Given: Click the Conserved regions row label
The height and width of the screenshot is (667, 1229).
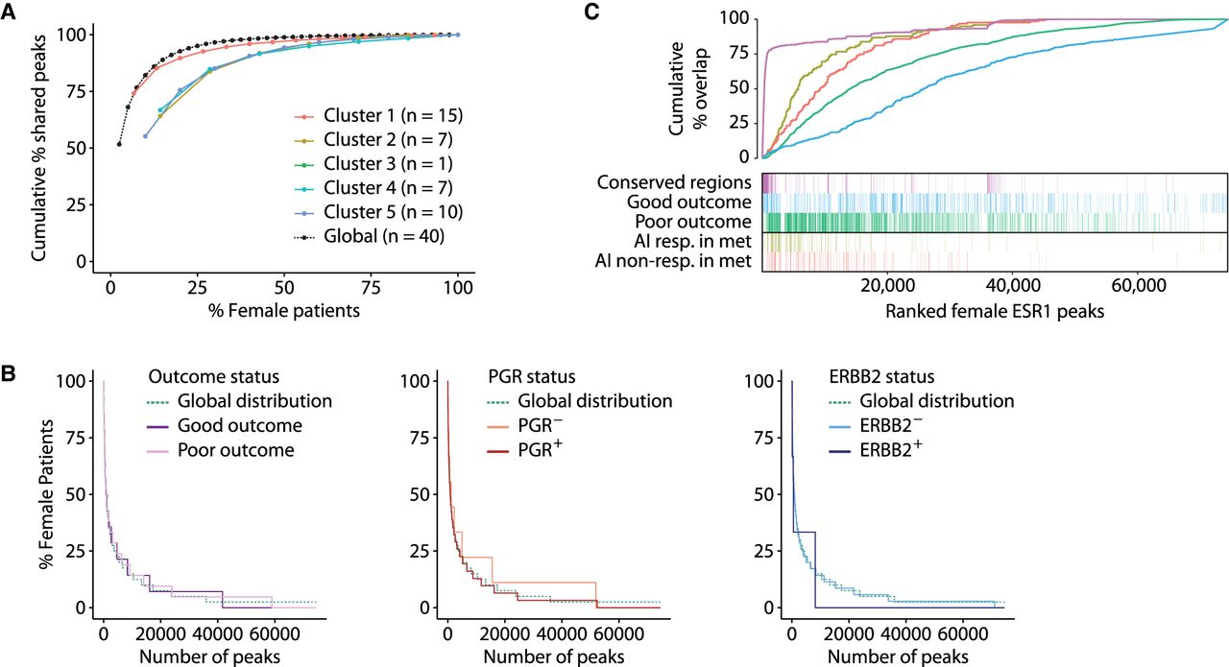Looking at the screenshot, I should click(x=673, y=181).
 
